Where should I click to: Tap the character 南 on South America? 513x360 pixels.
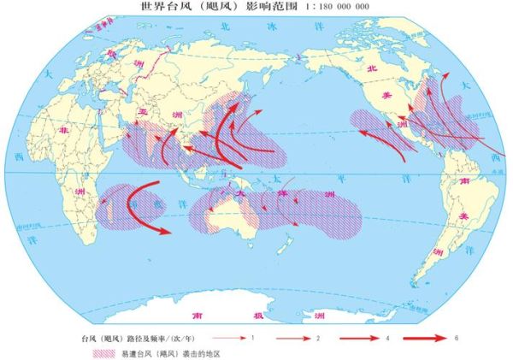[463, 182]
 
